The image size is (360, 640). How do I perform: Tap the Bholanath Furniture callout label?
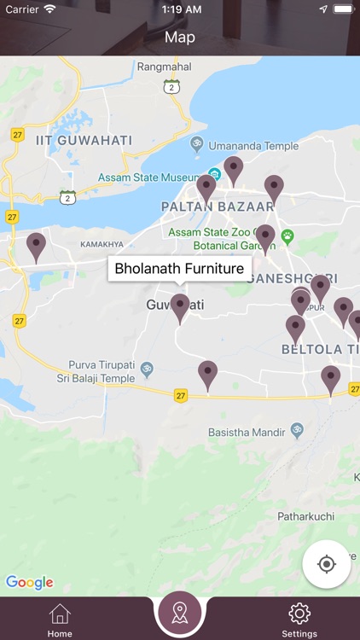click(x=179, y=269)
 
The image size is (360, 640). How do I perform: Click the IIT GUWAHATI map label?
click(x=84, y=140)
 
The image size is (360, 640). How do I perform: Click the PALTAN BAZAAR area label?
click(x=218, y=207)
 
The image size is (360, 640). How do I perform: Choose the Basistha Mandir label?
click(x=247, y=433)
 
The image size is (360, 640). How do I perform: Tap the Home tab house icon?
click(x=60, y=614)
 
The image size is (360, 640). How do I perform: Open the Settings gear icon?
click(x=299, y=614)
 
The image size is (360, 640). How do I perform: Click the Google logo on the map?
click(x=30, y=583)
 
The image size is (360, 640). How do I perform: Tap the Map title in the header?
click(x=180, y=38)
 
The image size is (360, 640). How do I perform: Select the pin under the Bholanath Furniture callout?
click(x=179, y=307)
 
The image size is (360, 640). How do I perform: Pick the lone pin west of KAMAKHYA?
click(x=36, y=246)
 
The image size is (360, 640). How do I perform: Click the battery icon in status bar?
click(x=343, y=9)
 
